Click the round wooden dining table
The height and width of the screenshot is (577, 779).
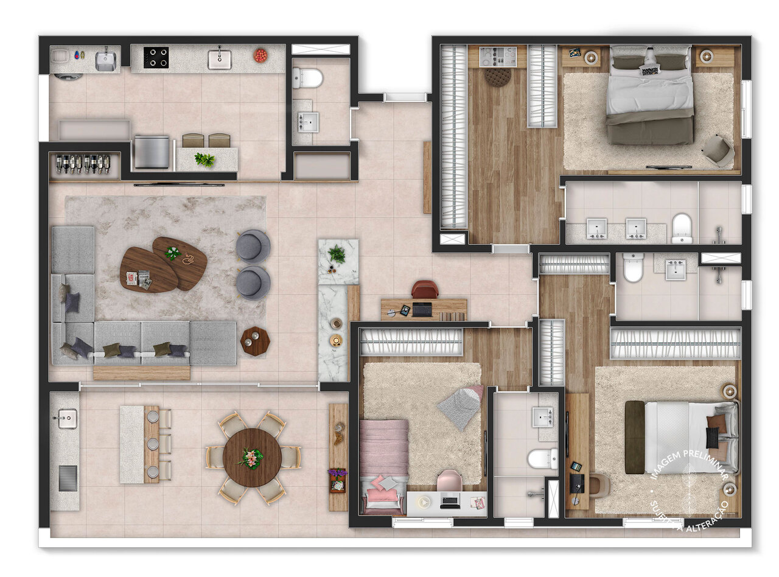(252, 458)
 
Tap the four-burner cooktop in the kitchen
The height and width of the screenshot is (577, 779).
(156, 57)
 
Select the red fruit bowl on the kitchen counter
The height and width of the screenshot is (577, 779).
(260, 55)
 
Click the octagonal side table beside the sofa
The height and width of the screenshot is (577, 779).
(255, 341)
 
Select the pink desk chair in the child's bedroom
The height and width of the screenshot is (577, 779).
(449, 480)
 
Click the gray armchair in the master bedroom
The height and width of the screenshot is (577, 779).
(719, 150)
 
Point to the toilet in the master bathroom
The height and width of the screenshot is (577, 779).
(682, 228)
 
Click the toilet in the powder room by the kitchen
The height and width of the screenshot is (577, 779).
(308, 78)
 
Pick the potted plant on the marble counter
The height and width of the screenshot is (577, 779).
(337, 254)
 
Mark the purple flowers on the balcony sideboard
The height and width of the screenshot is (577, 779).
(337, 474)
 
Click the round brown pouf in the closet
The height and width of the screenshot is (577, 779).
(498, 77)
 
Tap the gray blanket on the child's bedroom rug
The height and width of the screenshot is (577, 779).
(460, 407)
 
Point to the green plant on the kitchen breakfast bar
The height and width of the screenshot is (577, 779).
(204, 160)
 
